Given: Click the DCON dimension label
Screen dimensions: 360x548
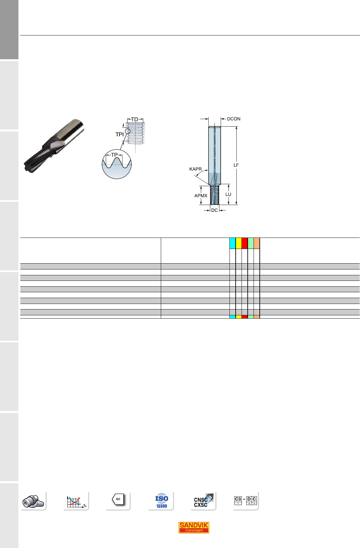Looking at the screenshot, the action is point(233,119).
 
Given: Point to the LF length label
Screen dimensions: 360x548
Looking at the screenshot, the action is point(236,165).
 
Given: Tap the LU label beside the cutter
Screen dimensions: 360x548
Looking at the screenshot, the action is point(228,194).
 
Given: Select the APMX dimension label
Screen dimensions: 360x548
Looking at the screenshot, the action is point(201,196).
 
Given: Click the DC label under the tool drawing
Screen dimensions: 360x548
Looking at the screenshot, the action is point(215,211).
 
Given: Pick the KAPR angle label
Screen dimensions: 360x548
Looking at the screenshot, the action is point(195,169).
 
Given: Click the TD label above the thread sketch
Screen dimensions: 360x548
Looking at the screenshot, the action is point(135,119).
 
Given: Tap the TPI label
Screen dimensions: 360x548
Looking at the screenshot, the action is point(119,134).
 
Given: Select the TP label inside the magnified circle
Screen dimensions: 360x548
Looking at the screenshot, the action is point(114,155).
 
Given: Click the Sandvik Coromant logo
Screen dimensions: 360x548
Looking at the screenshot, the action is point(194,527).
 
